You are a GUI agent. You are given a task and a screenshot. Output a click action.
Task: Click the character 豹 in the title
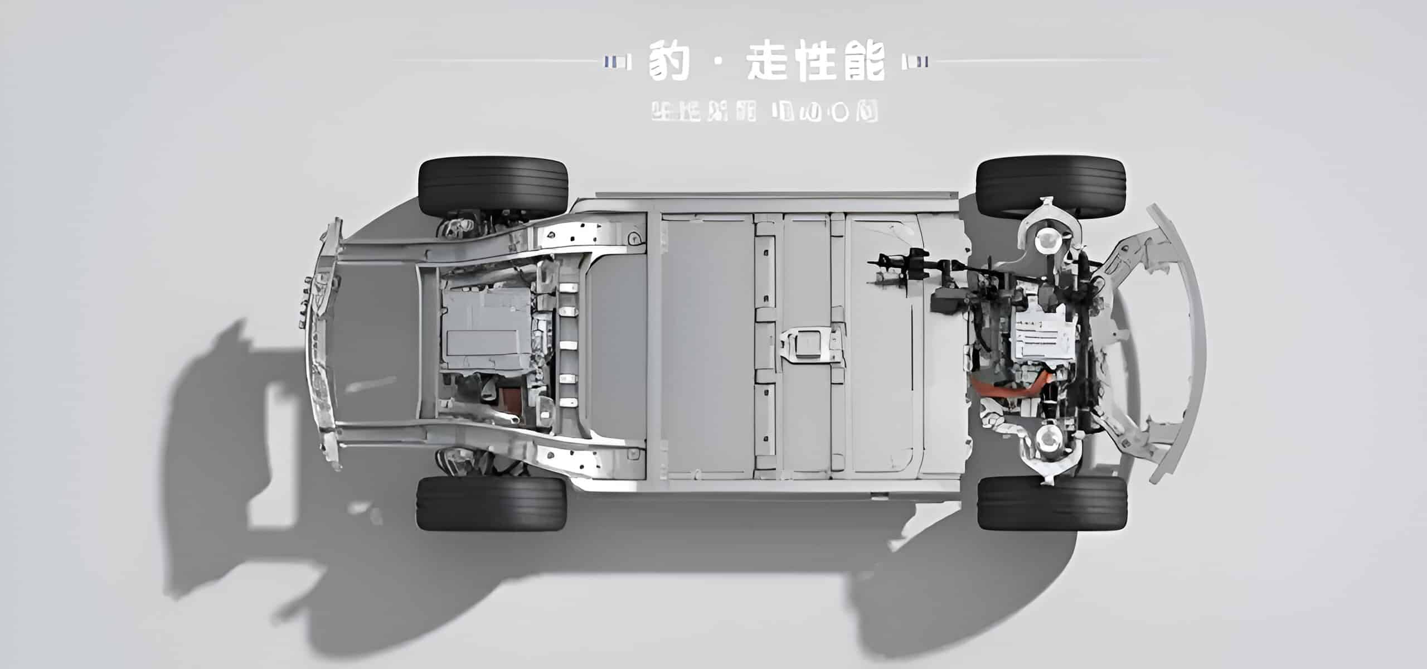tap(669, 61)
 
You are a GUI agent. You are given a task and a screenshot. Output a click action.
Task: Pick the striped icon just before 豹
tap(619, 61)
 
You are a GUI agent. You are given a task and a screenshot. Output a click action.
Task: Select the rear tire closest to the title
tap(493, 187)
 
